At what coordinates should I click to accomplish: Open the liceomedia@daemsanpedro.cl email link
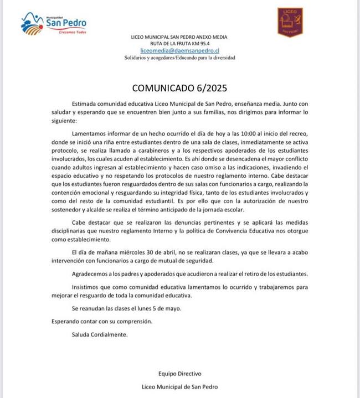coord(179,50)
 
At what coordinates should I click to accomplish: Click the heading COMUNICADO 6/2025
coord(179,87)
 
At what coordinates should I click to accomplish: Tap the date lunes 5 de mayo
coord(160,308)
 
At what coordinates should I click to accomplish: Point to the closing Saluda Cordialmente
coord(100,335)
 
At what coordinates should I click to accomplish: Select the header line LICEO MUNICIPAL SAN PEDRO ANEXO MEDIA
coord(179,37)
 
